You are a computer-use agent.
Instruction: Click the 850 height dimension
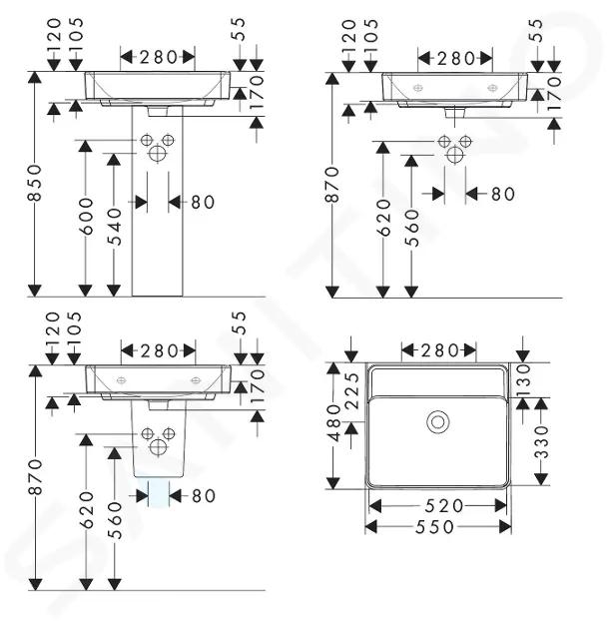pos(35,183)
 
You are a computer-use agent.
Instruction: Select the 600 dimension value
pos(86,217)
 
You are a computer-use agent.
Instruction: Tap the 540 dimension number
pos(115,227)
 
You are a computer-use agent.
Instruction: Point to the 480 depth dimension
pos(333,422)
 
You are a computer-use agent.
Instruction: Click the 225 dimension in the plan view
pos(352,391)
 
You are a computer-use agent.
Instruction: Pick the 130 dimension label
pos(524,379)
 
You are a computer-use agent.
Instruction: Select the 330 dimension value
pos(541,442)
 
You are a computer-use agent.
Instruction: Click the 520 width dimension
pos(444,506)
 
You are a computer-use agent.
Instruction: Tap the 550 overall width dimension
pos(435,527)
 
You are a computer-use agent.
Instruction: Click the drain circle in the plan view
pos(437,422)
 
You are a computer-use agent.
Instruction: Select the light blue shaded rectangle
pos(159,492)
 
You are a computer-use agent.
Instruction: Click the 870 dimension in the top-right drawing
pos(332,185)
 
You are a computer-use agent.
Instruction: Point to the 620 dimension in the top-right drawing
pos(384,219)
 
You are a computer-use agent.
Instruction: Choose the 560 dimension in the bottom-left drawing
pos(115,521)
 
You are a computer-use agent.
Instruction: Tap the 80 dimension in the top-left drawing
pos(203,202)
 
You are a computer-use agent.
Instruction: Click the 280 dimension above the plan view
pos(439,351)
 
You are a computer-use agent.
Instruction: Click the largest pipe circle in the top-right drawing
pos(454,155)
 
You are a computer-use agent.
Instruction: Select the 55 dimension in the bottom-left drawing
pos(240,322)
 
